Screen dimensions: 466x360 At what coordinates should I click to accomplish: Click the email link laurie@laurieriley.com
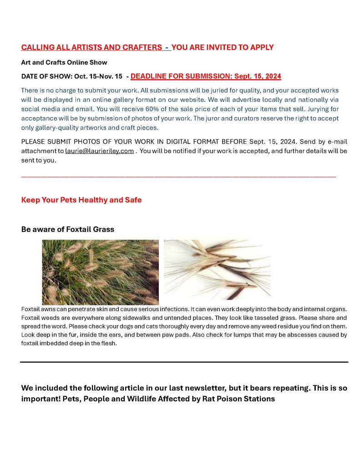[x=100, y=151]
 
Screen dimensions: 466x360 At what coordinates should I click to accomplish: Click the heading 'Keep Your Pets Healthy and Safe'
[x=81, y=200]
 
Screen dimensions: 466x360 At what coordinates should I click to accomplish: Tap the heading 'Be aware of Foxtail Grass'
[x=67, y=229]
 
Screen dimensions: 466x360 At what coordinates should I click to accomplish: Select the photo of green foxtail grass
[x=100, y=272]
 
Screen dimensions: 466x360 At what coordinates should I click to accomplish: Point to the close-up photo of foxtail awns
[x=217, y=269]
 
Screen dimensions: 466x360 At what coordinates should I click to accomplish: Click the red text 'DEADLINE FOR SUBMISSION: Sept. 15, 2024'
[x=206, y=76]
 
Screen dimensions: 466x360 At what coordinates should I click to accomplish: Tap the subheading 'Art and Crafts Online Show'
[x=64, y=62]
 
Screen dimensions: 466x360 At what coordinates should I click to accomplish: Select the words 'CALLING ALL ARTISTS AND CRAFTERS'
[x=91, y=47]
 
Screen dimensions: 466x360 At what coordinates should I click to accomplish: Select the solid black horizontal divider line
[x=184, y=362]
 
